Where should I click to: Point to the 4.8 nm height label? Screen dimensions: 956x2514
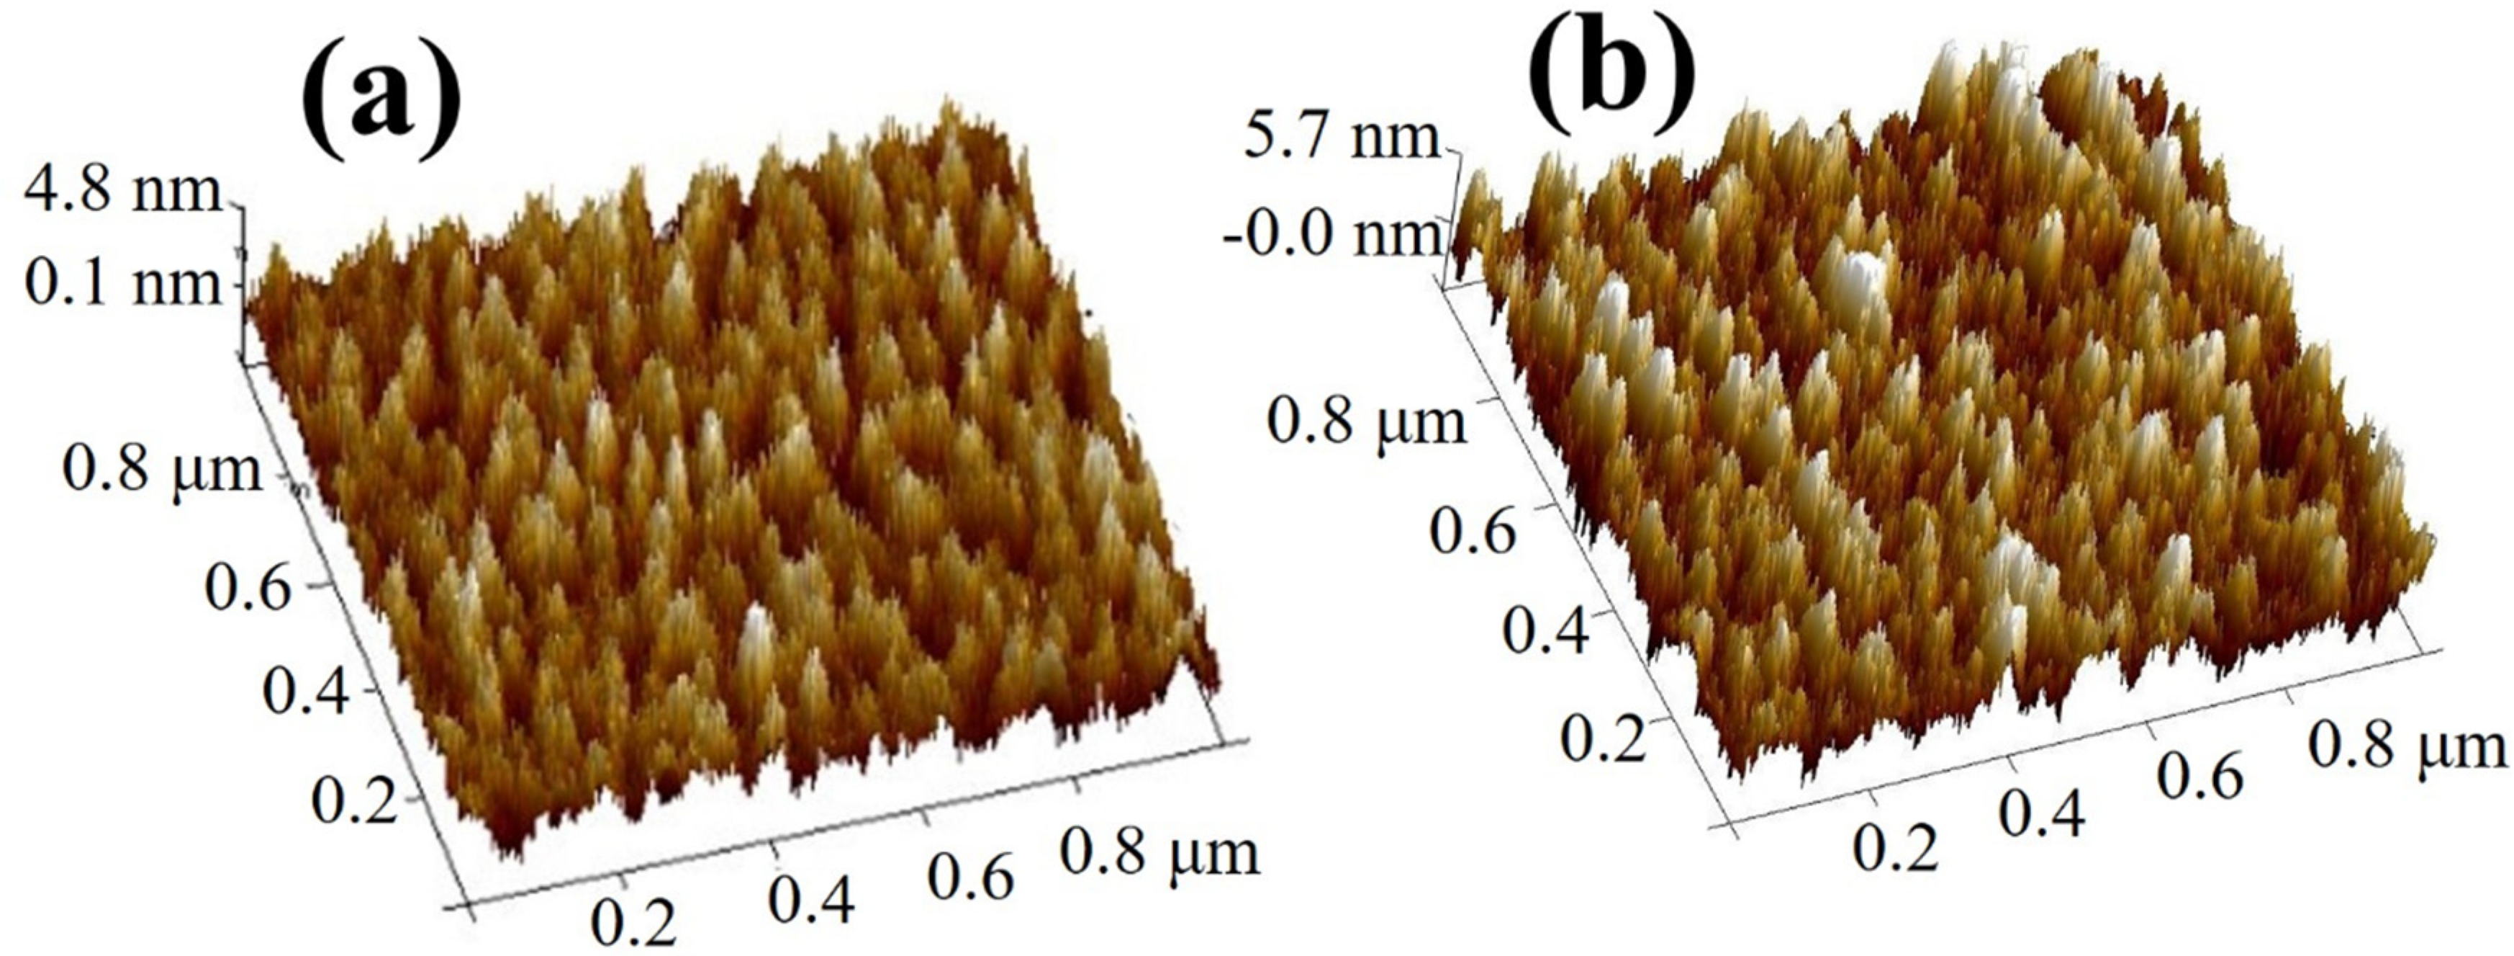click(124, 192)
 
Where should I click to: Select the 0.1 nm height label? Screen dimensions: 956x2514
click(124, 284)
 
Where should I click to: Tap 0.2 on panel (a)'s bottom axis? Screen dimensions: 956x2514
click(633, 922)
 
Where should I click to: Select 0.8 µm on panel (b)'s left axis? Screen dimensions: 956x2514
click(1366, 422)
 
